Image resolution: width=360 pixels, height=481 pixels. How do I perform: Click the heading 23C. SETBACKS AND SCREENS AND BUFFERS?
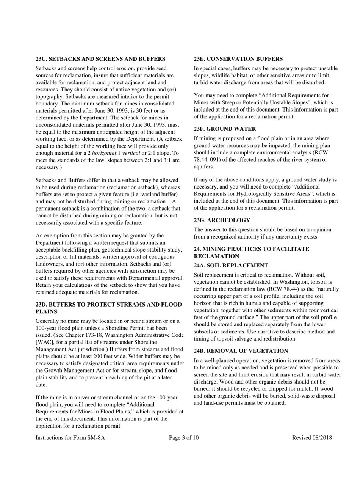click(100, 59)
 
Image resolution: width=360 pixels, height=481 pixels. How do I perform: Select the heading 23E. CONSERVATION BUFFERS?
click(238, 59)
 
